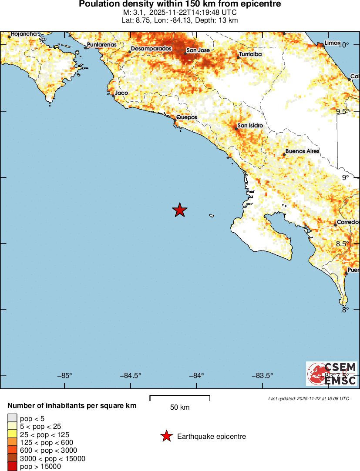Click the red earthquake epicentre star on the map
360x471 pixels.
180,210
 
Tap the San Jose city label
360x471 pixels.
198,50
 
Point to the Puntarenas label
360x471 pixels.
102,44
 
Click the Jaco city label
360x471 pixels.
121,93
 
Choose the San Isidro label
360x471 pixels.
250,126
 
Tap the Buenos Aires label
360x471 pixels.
302,151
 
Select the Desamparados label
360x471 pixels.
151,49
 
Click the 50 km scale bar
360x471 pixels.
180,398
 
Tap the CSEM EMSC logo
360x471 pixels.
332,374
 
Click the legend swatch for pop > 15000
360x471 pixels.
12,466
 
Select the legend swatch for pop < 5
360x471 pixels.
12,418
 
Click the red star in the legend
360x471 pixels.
166,436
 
